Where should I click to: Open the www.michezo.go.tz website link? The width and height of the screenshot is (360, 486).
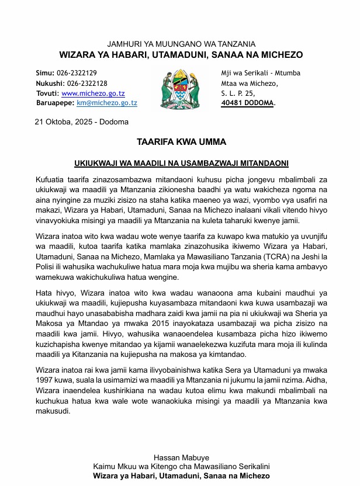coord(93,93)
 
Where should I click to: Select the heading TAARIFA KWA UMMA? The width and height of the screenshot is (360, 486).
coord(181,142)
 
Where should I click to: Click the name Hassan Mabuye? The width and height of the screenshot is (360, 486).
coord(181,457)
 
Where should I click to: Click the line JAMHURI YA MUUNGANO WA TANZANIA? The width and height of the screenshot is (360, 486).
coord(181,44)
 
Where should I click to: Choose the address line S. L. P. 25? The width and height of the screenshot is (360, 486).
coord(238,93)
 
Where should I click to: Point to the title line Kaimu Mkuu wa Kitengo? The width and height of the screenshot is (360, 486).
coord(181,467)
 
